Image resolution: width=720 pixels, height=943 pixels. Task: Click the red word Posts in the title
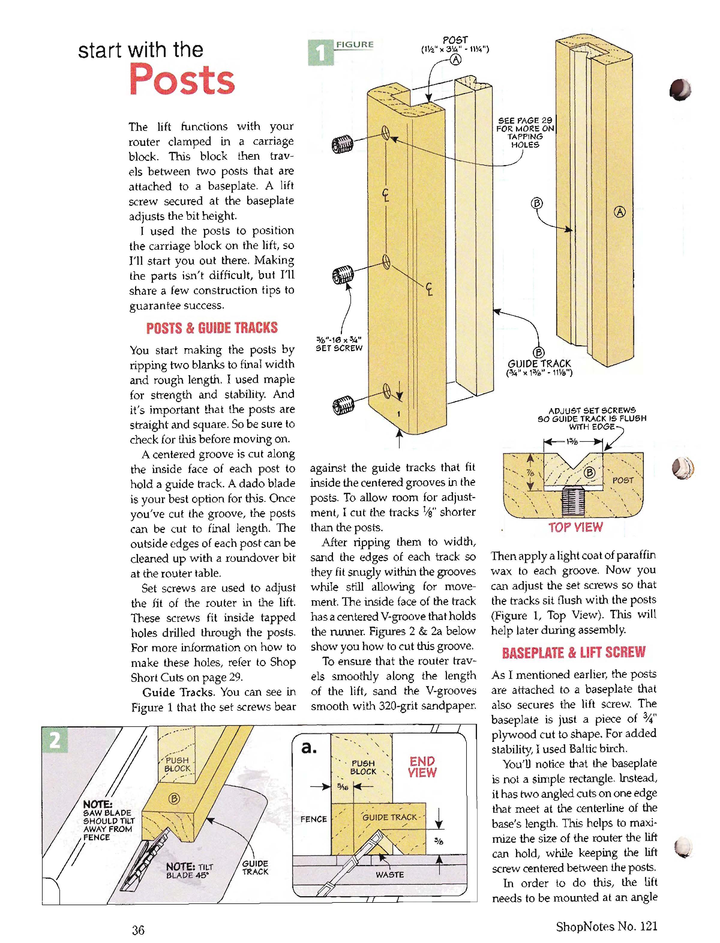(x=182, y=80)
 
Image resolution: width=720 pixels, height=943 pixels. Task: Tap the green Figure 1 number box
(x=321, y=52)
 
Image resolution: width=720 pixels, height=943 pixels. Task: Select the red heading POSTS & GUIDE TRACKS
(x=212, y=328)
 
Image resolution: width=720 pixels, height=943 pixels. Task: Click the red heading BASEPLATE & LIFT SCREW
(x=573, y=652)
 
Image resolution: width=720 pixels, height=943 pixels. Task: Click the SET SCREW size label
(x=339, y=344)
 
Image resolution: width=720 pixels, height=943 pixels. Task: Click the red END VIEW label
(x=422, y=767)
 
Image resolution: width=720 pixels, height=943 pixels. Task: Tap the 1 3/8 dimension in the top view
(x=572, y=441)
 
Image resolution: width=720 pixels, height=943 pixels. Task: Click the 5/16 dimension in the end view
(x=342, y=787)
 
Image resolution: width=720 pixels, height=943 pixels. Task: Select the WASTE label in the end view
(x=390, y=874)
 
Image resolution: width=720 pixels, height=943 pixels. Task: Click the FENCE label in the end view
(x=314, y=819)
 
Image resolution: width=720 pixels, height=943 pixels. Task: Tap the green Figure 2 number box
(x=55, y=741)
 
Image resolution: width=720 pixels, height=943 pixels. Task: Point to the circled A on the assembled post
(x=620, y=212)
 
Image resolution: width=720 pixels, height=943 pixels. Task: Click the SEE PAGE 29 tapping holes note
(x=525, y=132)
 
